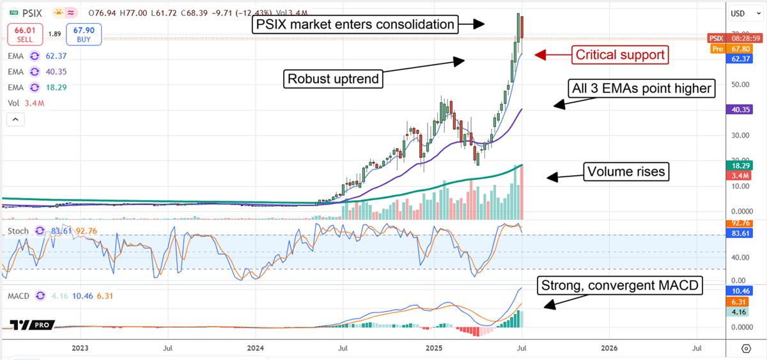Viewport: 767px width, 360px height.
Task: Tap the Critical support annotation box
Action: point(620,55)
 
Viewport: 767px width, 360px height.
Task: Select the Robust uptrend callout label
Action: point(333,79)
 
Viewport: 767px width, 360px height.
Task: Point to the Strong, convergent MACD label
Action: point(619,285)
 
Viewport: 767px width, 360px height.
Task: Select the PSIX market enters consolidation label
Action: point(355,25)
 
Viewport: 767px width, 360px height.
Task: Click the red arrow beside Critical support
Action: point(549,55)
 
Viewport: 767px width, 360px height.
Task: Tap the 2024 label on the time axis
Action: point(255,348)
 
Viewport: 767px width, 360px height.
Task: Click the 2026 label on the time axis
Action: point(609,348)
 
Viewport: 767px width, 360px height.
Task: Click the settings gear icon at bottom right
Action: point(746,348)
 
